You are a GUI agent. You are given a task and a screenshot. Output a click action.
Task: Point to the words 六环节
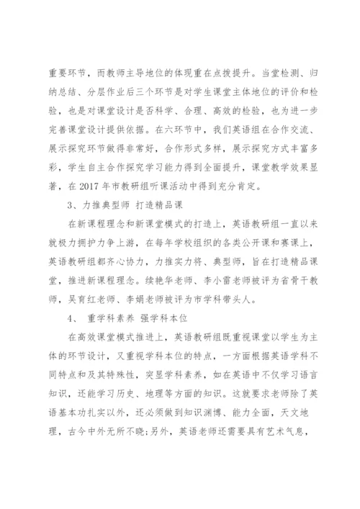tap(171, 131)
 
